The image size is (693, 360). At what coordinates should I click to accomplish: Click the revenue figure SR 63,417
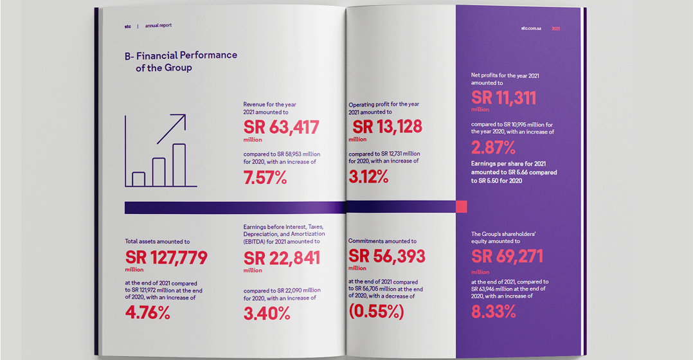pyautogui.click(x=281, y=127)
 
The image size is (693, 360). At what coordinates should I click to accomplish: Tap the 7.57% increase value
pyautogui.click(x=265, y=178)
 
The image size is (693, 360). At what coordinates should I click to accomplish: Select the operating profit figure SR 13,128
pyautogui.click(x=387, y=126)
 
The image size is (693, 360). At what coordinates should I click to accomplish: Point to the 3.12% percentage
pyautogui.click(x=368, y=177)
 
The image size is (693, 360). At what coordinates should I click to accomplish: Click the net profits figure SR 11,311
pyautogui.click(x=503, y=98)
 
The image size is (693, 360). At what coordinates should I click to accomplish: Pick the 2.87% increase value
pyautogui.click(x=493, y=148)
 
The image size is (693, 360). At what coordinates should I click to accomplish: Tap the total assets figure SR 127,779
pyautogui.click(x=166, y=258)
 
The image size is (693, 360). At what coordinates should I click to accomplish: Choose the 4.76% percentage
pyautogui.click(x=147, y=313)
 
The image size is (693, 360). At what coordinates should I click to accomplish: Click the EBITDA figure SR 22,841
pyautogui.click(x=282, y=258)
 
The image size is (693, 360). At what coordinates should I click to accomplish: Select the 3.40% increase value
pyautogui.click(x=266, y=313)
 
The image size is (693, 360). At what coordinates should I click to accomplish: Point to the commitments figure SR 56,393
pyautogui.click(x=387, y=256)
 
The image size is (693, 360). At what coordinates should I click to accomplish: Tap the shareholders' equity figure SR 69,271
pyautogui.click(x=507, y=256)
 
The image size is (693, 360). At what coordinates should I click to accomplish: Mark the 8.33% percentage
pyautogui.click(x=493, y=312)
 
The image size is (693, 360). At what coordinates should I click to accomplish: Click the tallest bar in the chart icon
pyautogui.click(x=179, y=165)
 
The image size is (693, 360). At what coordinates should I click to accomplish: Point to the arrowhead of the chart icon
pyautogui.click(x=182, y=118)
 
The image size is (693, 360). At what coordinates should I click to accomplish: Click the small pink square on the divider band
pyautogui.click(x=461, y=206)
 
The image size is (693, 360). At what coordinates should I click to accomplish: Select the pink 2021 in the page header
pyautogui.click(x=556, y=28)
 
